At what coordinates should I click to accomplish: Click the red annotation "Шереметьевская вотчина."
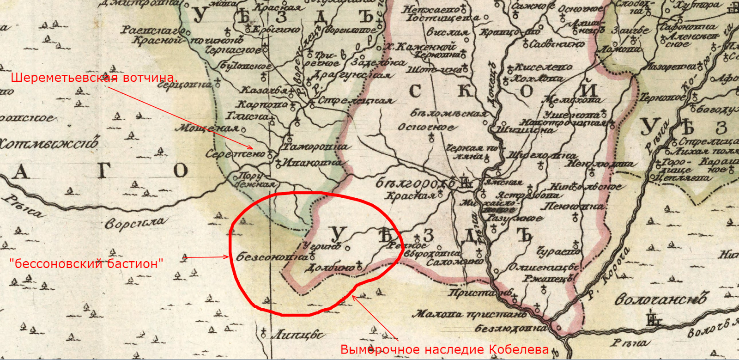click(94, 77)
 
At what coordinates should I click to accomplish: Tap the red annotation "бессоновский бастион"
click(86, 264)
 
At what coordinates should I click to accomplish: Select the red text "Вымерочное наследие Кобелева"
click(444, 350)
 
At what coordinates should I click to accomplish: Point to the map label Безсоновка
click(272, 257)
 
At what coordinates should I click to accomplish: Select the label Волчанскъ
click(660, 299)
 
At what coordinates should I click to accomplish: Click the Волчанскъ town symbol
click(653, 318)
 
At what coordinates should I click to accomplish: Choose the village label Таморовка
click(315, 147)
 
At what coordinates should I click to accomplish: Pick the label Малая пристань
click(469, 315)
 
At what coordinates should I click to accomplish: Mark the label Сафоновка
click(688, 26)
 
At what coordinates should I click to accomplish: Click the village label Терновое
click(662, 98)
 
